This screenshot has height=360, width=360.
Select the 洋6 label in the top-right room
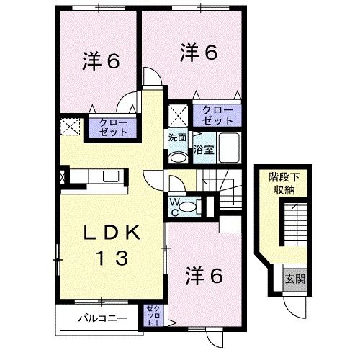pyautogui.click(x=198, y=52)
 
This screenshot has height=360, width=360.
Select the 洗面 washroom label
pyautogui.click(x=178, y=138)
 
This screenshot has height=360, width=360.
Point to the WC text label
pyautogui.click(x=174, y=206)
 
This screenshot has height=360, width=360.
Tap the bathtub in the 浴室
pyautogui.click(x=230, y=148)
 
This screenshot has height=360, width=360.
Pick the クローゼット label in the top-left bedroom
pyautogui.click(x=109, y=128)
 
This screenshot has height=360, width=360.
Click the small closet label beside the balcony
pyautogui.click(x=153, y=315)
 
